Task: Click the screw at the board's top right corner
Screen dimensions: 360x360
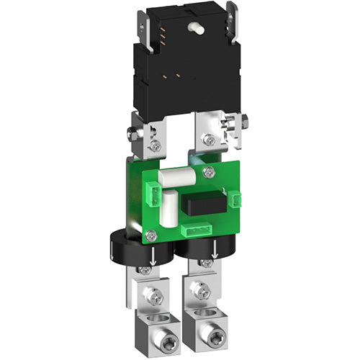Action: (208, 172)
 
